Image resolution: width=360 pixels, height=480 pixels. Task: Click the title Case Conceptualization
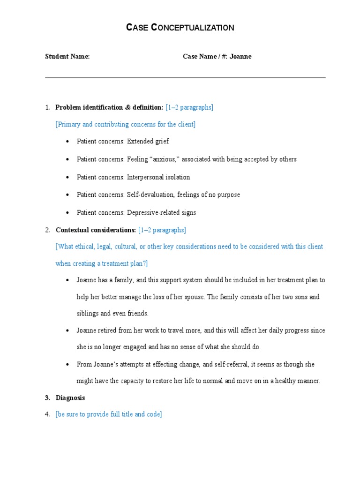pos(180,28)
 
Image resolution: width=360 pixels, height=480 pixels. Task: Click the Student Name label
pos(67,57)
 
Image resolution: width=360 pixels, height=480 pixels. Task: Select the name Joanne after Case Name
pos(241,57)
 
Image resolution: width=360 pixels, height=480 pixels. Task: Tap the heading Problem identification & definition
pos(109,107)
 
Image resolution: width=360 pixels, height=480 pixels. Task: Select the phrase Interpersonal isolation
pos(158,177)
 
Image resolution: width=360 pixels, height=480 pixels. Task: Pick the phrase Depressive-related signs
pos(161,212)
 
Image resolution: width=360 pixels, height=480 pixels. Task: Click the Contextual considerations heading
pos(96,230)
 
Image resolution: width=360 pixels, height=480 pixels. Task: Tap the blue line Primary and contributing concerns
pos(126,124)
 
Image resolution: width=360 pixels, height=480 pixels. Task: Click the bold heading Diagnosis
pos(70,397)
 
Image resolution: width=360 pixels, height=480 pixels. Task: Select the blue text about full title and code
pos(109,414)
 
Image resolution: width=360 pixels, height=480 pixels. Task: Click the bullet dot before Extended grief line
pos(68,141)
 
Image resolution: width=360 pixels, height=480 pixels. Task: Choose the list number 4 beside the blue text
pos(47,414)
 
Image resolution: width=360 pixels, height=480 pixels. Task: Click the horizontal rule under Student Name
pos(185,78)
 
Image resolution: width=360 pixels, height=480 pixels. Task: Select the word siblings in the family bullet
pos(87,314)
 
